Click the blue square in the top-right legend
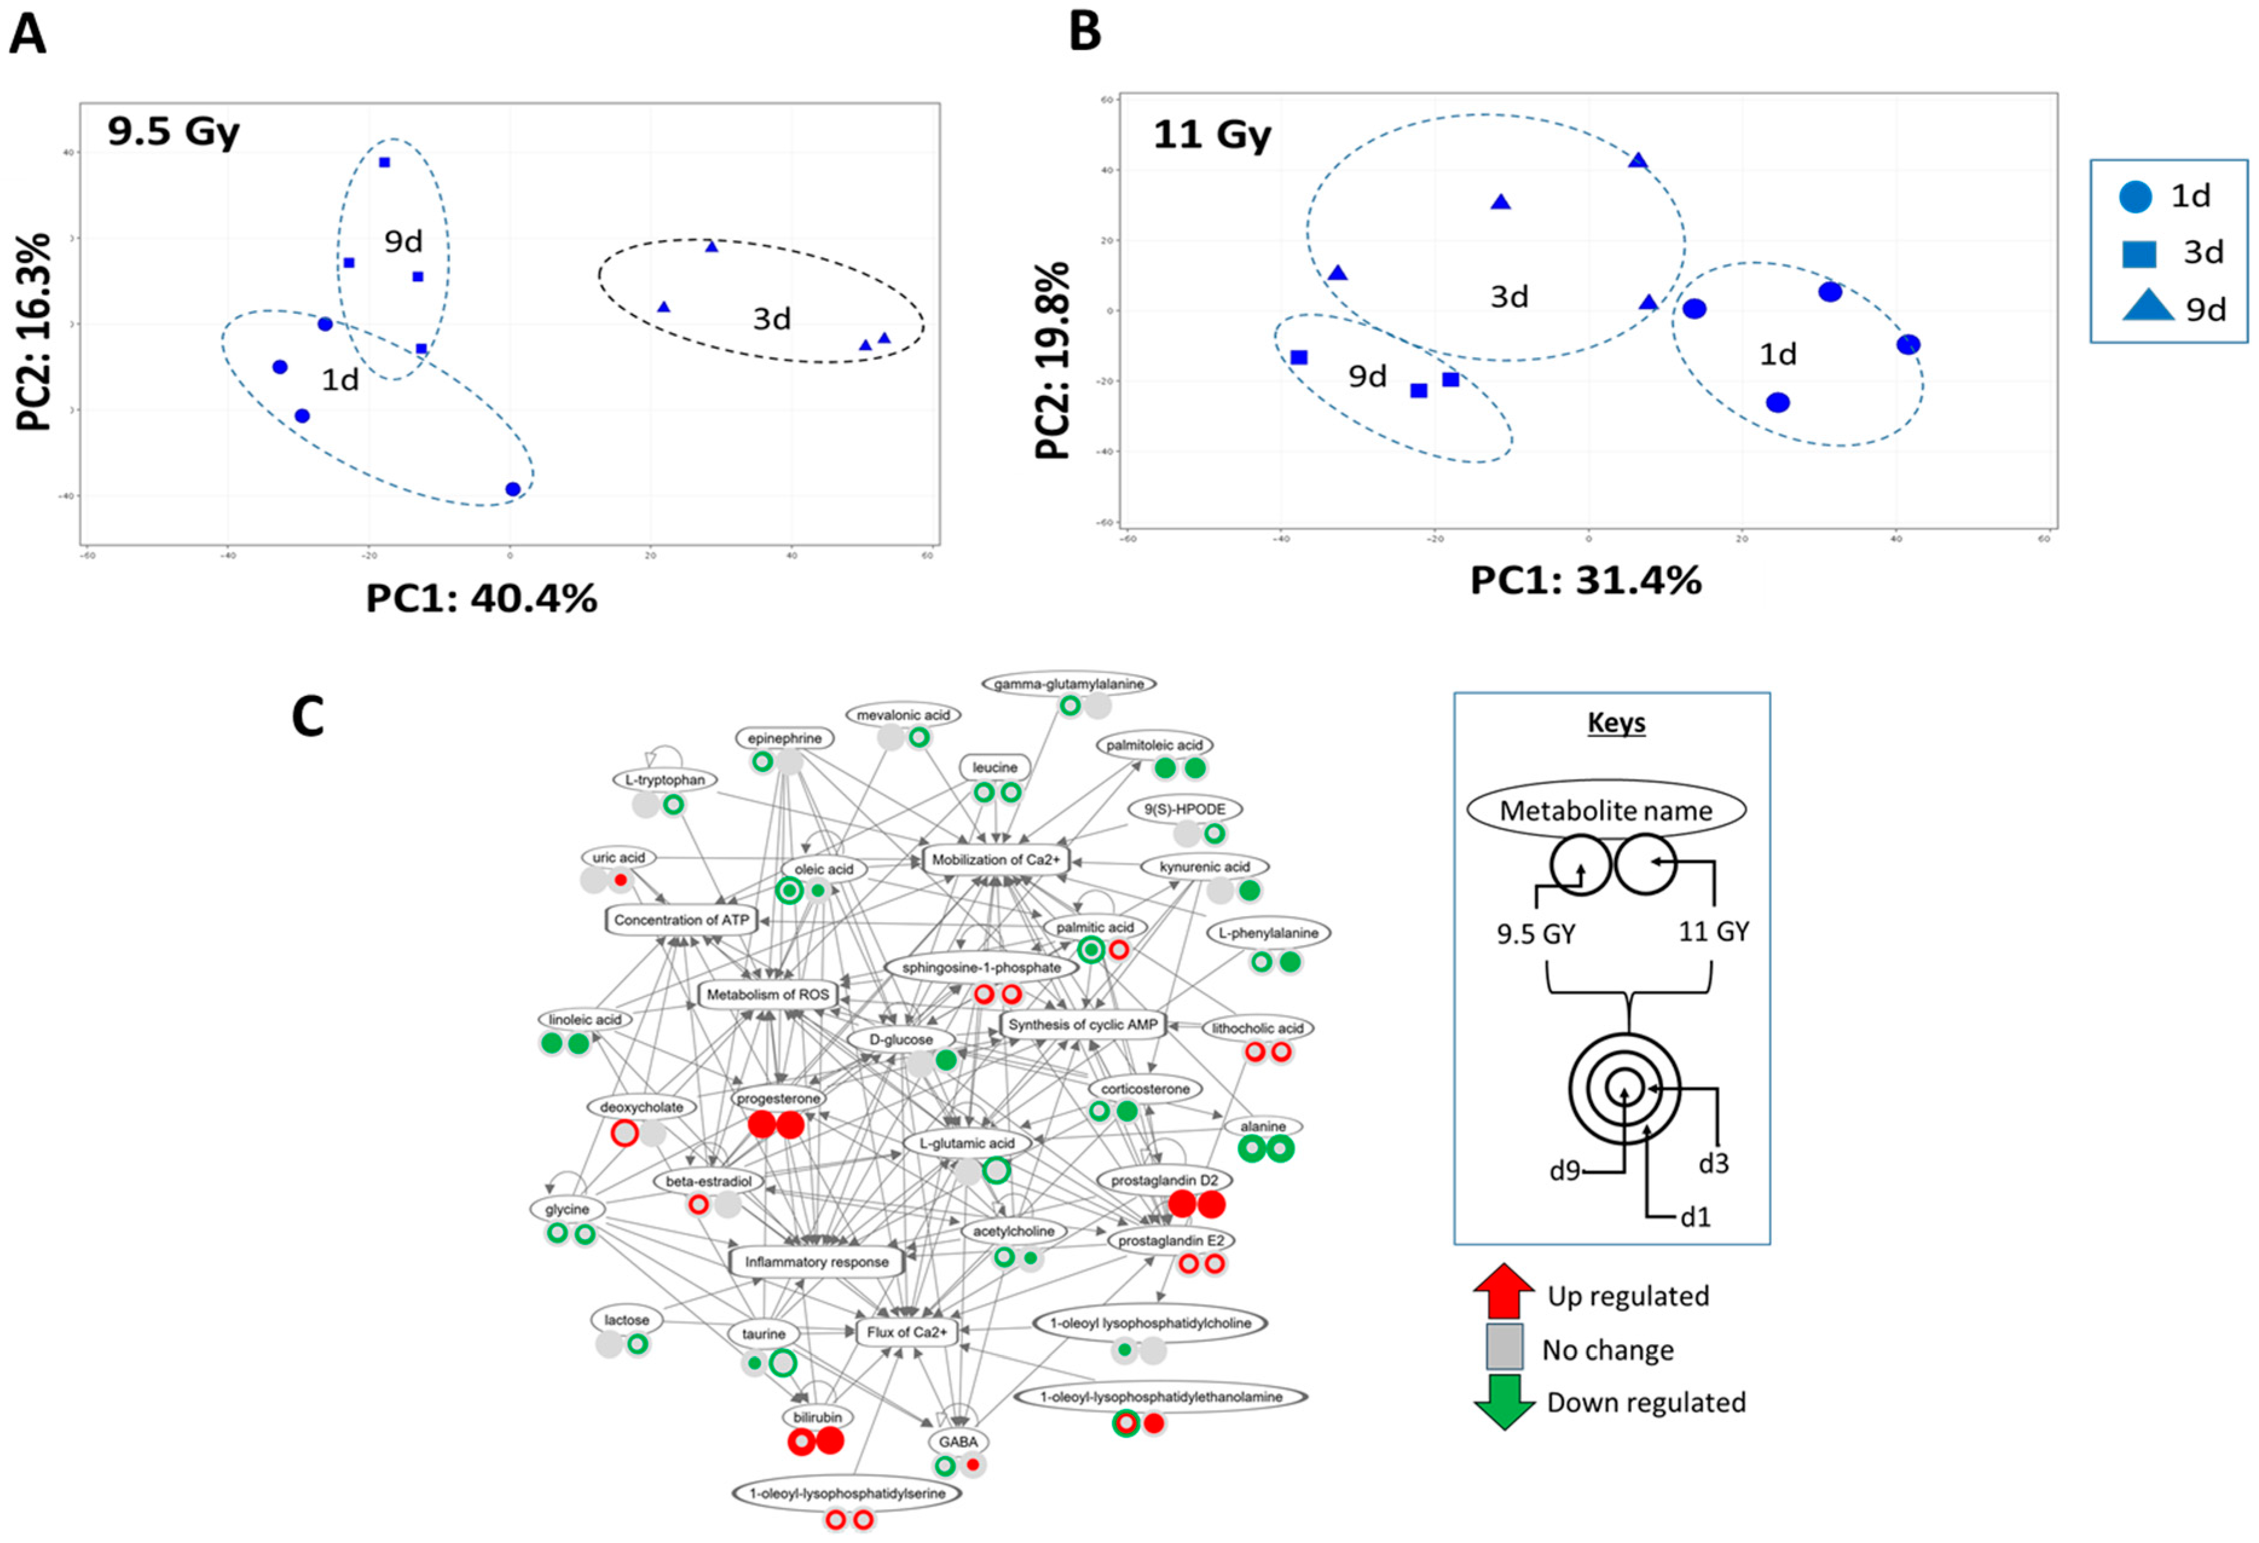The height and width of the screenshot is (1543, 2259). pyautogui.click(x=2139, y=253)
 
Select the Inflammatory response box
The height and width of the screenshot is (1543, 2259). pyautogui.click(x=816, y=1262)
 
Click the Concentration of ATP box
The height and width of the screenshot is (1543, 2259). pyautogui.click(x=682, y=920)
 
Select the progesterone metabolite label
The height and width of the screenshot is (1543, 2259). pyautogui.click(x=778, y=1099)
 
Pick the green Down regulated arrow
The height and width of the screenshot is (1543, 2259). pyautogui.click(x=1504, y=1402)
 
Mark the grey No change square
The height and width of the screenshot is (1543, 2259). pyautogui.click(x=1504, y=1346)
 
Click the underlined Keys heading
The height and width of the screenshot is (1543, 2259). pyautogui.click(x=1615, y=723)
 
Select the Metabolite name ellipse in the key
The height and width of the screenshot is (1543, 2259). pyautogui.click(x=1606, y=811)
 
